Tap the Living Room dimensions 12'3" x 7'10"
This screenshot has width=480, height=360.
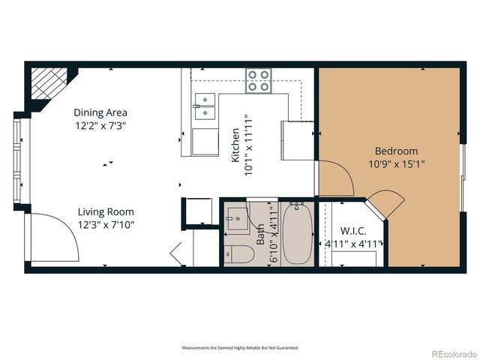106,224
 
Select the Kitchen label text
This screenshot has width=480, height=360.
235,145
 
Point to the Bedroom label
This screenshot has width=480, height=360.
395,151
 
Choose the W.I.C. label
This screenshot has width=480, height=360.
352,230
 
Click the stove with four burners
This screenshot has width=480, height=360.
259,81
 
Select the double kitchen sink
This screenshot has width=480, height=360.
203,106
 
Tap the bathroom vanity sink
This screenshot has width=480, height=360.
237,218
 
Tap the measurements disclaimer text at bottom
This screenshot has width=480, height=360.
240,348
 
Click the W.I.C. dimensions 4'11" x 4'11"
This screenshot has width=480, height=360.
352,244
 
